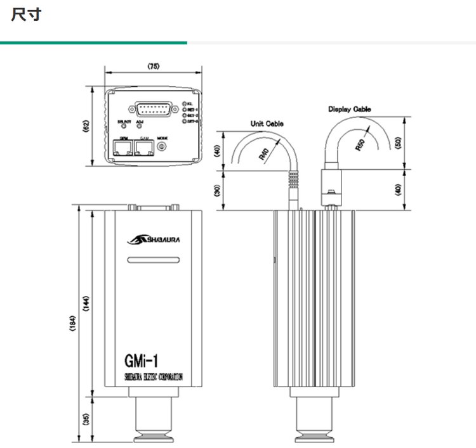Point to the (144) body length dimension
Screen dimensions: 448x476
(x=86, y=305)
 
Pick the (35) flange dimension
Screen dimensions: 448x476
(x=86, y=418)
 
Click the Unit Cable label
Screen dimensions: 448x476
(x=267, y=124)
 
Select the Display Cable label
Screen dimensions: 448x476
(x=350, y=109)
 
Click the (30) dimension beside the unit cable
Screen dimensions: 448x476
(x=216, y=189)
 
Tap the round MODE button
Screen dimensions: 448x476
(x=162, y=147)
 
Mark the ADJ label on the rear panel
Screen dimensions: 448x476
(x=140, y=121)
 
